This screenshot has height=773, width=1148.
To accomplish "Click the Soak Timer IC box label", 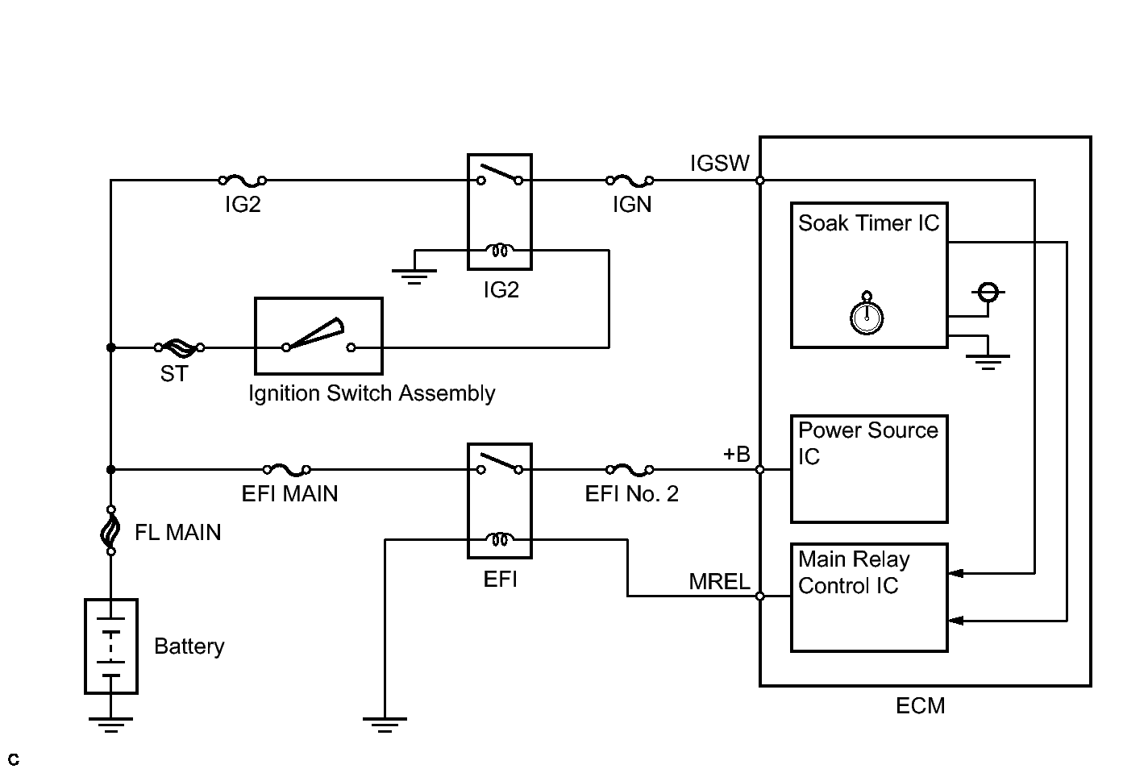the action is pos(869,223).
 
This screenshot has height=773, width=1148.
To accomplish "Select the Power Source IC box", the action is pos(869,469).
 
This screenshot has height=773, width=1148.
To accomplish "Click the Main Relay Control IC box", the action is pos(869,598).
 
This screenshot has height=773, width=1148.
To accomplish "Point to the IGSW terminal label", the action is pos(720,164).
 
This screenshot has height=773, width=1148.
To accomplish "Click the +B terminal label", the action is pos(737,455).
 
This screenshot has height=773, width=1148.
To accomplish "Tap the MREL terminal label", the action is pos(719,581).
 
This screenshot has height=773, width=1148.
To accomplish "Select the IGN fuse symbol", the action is pos(630,181).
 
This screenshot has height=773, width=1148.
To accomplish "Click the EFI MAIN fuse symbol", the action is pos(286,469).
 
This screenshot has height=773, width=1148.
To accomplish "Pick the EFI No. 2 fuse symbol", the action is pos(630,469).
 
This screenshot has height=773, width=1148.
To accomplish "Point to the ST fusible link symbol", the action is pos(179,348).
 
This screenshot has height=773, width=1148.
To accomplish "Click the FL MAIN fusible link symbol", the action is pos(110,530).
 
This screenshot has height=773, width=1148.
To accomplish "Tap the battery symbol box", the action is pos(111,646).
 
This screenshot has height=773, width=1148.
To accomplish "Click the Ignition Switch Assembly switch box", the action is pos(318,336).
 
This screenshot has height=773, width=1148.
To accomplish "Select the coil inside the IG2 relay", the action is pos(500,251).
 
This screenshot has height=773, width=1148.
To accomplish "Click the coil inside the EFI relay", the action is pos(500,539).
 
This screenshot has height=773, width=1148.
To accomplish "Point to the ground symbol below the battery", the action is pos(110,725).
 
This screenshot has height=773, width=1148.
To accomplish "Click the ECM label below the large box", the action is pos(921,706).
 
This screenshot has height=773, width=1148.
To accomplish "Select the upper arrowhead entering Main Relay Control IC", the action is pos(956,573).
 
